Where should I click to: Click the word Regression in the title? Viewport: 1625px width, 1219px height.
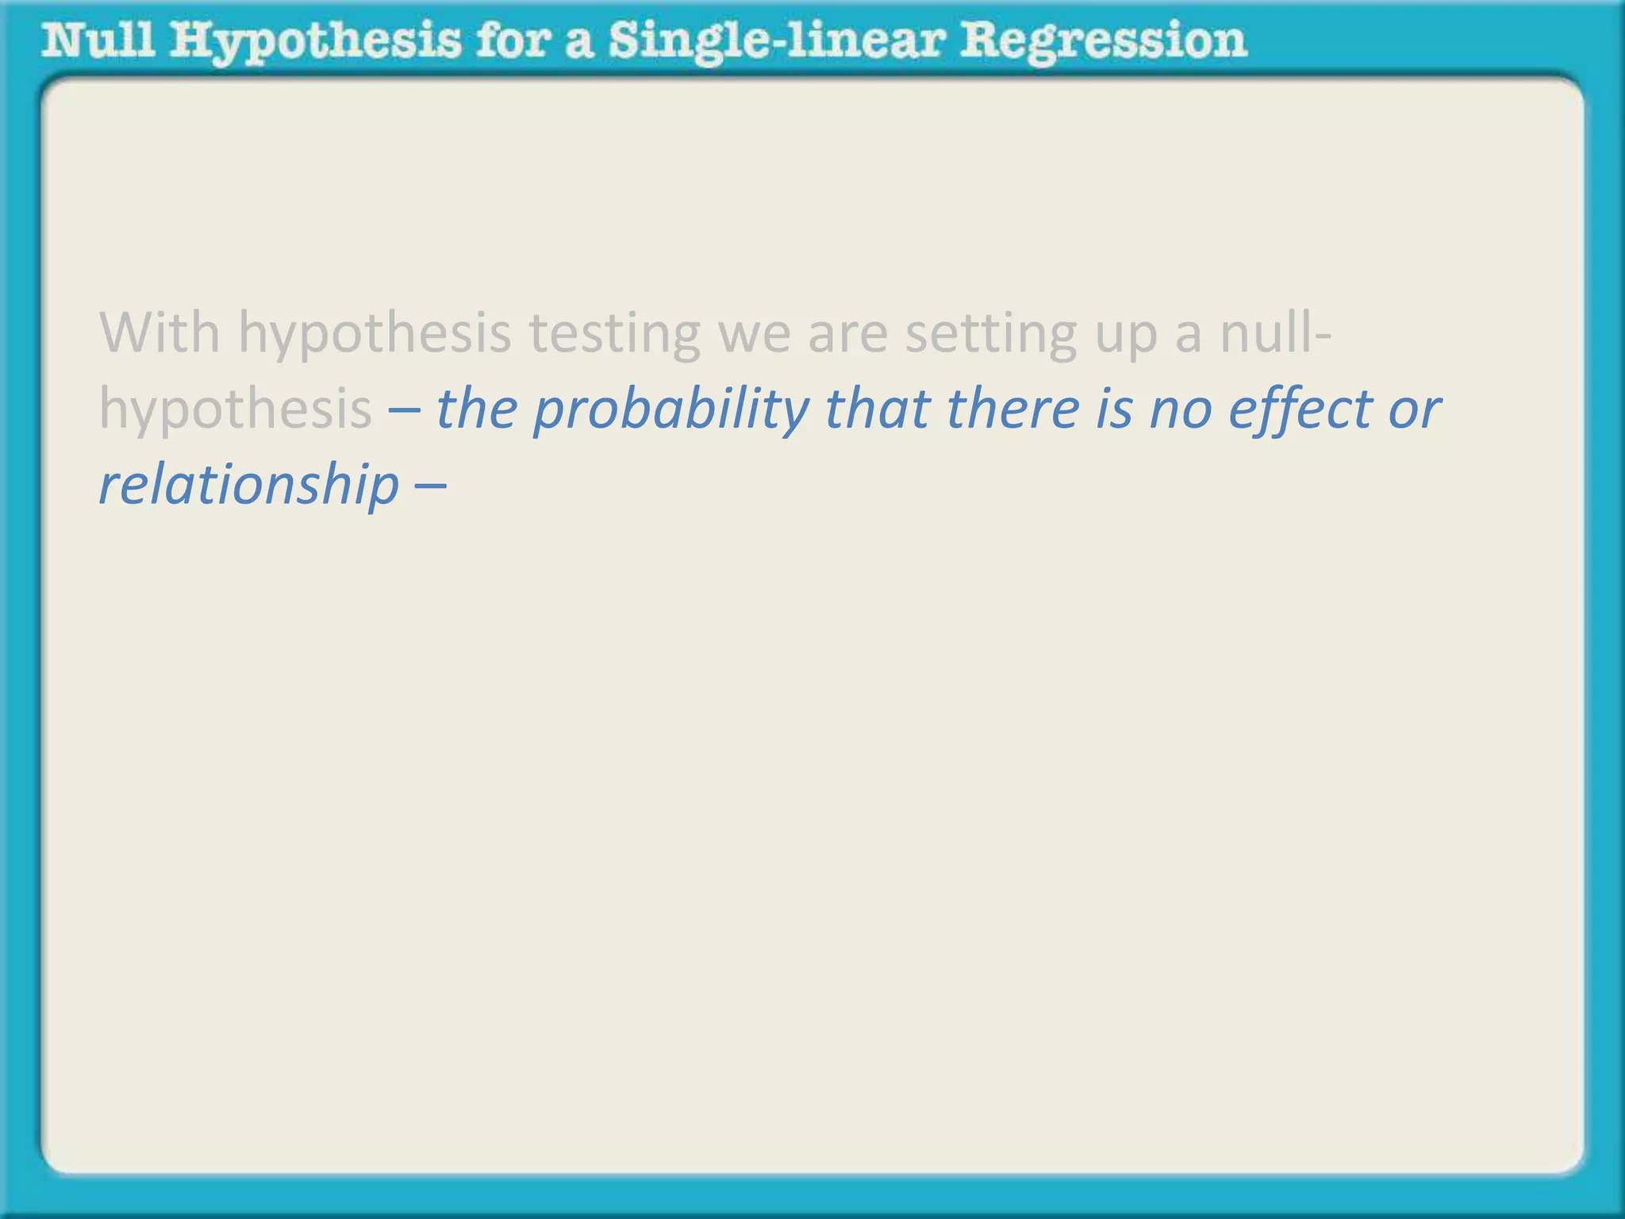pyautogui.click(x=1103, y=41)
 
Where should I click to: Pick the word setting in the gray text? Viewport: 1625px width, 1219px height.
pyautogui.click(x=991, y=333)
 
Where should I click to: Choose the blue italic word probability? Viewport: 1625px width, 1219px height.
pyautogui.click(x=670, y=411)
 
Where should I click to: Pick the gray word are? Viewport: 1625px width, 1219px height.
pyautogui.click(x=847, y=333)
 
